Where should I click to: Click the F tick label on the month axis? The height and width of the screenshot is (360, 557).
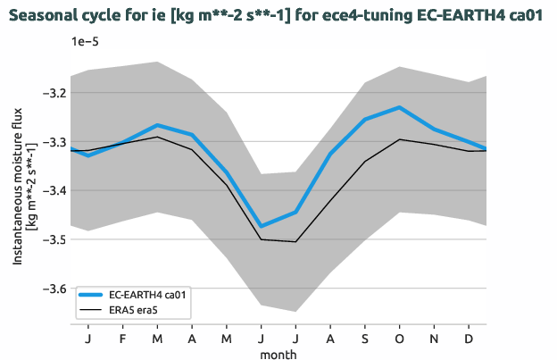point(123,339)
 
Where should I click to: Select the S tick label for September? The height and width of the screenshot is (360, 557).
point(364,339)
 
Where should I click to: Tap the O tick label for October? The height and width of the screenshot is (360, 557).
point(398,339)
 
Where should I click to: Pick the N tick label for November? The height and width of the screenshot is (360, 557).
point(433,339)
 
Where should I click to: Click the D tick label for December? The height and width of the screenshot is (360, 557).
point(468,339)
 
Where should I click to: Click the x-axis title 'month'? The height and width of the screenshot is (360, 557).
point(278,354)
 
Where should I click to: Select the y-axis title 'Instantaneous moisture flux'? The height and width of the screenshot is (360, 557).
point(17,191)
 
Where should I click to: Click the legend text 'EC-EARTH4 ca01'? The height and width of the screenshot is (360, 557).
point(146,294)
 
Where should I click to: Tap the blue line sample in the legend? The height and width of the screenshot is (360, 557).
point(92,294)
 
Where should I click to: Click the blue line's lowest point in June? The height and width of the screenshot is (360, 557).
point(261,226)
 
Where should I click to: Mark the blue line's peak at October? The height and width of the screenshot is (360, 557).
point(398,107)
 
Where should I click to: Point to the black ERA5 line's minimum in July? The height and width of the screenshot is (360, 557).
point(295,241)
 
